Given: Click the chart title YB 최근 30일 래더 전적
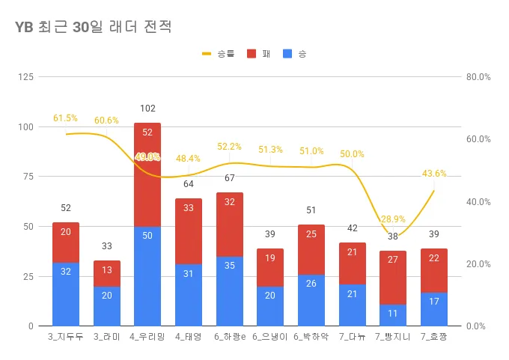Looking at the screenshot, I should coord(94,28).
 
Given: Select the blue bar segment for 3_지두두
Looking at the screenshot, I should coord(66,294).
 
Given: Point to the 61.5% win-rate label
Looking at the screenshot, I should coord(65,118).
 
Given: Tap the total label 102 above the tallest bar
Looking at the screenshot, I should coord(147,109).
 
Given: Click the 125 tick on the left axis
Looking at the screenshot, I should coord(25,77).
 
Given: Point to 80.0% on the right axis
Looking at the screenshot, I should coord(478,77).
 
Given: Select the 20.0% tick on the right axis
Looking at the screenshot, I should coord(478,264).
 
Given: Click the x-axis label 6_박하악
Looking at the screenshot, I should coord(311,337).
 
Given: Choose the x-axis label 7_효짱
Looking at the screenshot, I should coord(434,337).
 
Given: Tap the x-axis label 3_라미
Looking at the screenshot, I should coord(106,337).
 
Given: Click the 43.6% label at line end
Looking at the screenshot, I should coord(434,174).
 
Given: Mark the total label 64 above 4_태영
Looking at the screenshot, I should coord(189,184).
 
